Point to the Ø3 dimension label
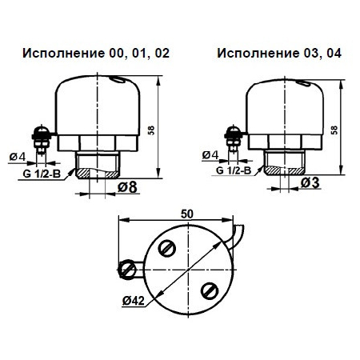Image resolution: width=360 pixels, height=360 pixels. pos(312,183)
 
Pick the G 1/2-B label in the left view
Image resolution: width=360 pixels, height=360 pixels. pos(39,172)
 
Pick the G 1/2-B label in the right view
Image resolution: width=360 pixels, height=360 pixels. pos(233,170)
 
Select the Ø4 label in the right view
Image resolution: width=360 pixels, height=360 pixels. pos(211,154)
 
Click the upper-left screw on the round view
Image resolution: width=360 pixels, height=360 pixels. pos(166,249)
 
